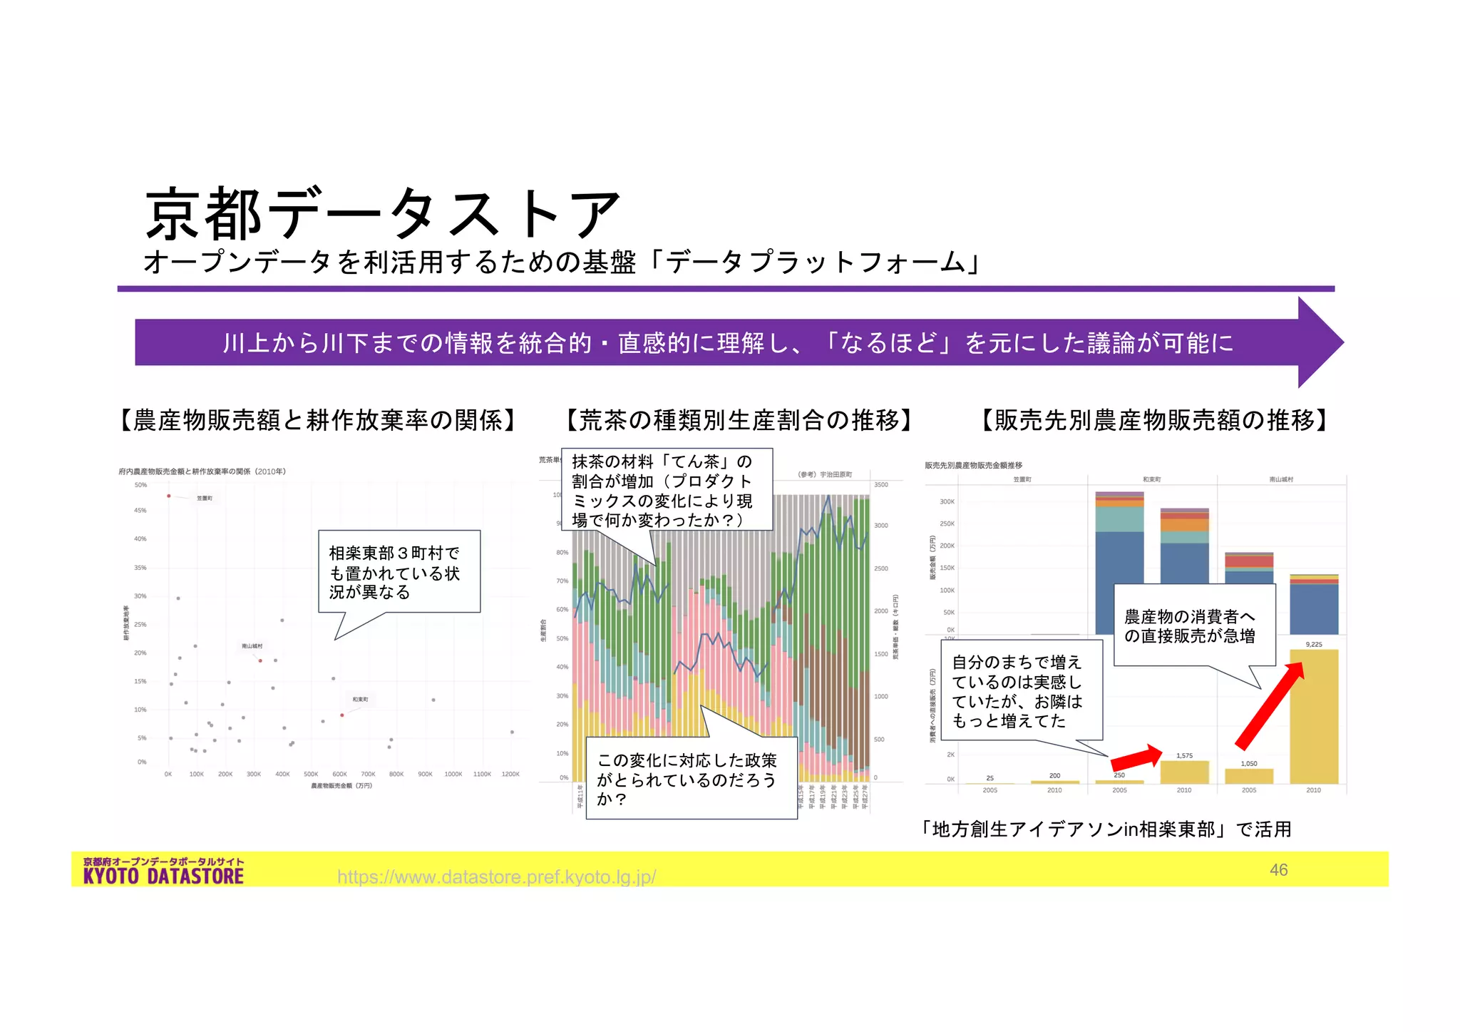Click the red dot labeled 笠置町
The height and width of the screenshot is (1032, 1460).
click(169, 496)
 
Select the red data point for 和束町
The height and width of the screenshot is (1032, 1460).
click(342, 715)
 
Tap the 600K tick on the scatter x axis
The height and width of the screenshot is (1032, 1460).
click(339, 774)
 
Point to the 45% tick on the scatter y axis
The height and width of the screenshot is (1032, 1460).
click(140, 511)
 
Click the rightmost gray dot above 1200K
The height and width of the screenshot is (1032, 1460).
click(512, 732)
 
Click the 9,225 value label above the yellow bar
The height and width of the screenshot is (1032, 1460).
click(1313, 645)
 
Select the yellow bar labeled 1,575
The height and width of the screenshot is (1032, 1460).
click(1184, 772)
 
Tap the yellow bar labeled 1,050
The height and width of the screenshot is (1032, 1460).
click(1249, 776)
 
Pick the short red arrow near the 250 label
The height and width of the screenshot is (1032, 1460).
click(1136, 757)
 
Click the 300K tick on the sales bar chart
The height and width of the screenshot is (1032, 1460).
click(947, 502)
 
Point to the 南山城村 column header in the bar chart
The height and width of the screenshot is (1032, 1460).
click(1281, 480)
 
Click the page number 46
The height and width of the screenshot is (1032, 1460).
click(1278, 870)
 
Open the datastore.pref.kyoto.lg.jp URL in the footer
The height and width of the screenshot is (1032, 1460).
click(496, 877)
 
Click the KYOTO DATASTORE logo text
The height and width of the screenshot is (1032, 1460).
click(163, 876)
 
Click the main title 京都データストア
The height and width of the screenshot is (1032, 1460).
click(382, 214)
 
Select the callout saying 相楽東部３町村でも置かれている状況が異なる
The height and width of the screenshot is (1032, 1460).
click(399, 572)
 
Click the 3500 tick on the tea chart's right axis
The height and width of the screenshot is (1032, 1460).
click(881, 485)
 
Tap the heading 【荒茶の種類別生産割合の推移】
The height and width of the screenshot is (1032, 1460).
click(739, 421)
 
